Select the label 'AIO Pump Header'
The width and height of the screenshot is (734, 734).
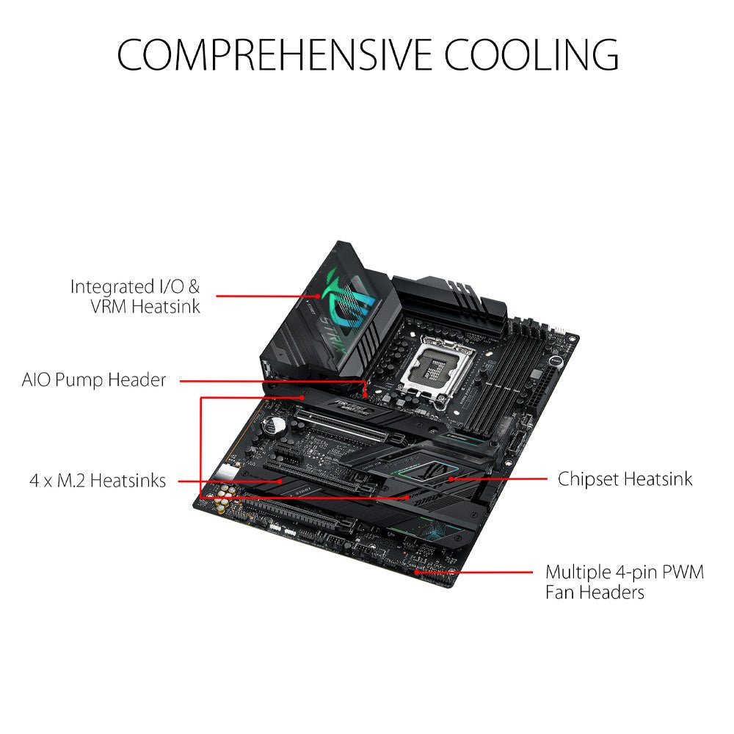click(94, 380)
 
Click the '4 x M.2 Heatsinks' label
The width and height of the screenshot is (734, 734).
click(98, 481)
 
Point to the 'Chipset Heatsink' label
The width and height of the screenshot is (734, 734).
click(625, 479)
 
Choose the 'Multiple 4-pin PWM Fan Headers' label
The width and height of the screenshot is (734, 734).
click(624, 581)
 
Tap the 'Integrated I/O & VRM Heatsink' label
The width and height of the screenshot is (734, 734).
click(135, 296)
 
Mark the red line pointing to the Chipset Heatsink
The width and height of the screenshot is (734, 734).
click(499, 479)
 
